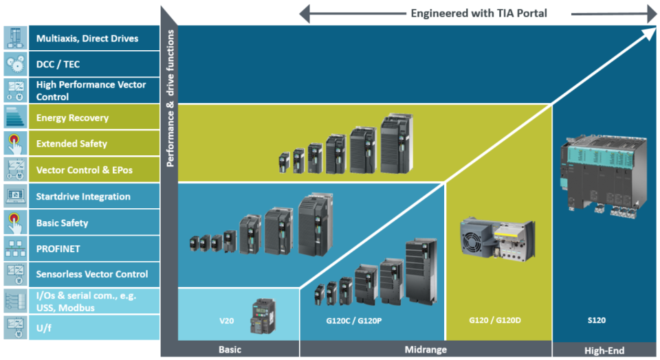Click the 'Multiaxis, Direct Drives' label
87,38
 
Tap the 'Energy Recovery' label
72,117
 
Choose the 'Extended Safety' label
71,144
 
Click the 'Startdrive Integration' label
83,196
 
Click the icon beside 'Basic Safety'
15,223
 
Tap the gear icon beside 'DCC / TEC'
15,65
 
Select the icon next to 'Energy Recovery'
15,117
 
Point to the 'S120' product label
596,320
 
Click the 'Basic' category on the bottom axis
230,350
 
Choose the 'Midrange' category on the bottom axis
425,350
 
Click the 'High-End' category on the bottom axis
604,350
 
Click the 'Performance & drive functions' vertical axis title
170,96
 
